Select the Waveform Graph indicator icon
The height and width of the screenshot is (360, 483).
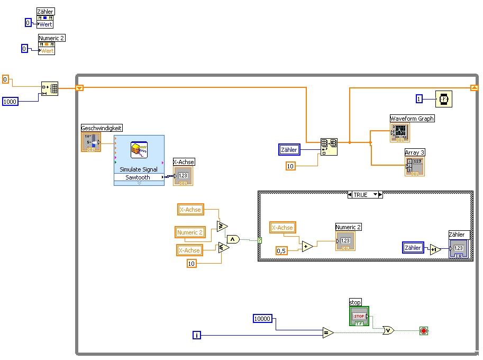click(399, 133)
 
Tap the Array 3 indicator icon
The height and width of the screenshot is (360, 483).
click(414, 166)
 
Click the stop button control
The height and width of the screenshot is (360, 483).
click(359, 316)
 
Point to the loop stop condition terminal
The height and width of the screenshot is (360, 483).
click(423, 331)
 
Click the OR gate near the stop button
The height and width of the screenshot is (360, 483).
click(389, 330)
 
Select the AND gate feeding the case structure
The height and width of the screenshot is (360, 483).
click(233, 239)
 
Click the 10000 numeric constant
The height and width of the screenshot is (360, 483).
click(262, 318)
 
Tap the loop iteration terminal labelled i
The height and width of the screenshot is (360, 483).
click(197, 335)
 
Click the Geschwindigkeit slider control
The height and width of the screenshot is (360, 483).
click(90, 142)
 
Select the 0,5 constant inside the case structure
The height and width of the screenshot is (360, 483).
click(282, 250)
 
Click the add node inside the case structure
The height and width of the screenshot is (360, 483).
click(307, 246)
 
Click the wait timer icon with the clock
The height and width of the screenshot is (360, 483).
click(443, 99)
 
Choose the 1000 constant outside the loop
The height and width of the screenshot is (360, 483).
click(10, 101)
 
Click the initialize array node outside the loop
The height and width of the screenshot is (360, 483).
click(50, 89)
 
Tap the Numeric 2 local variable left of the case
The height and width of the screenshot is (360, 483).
click(189, 232)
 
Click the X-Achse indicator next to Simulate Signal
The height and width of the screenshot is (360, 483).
click(183, 176)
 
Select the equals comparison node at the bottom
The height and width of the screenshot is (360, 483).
click(328, 332)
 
